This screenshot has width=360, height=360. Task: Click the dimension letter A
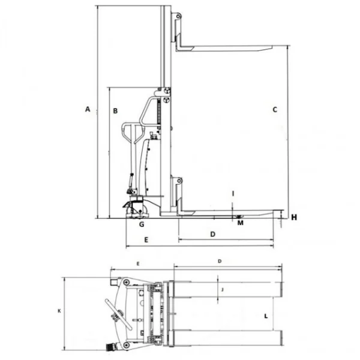[88, 109]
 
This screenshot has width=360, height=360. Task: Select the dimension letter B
[115, 111]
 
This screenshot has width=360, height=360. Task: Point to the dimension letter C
[275, 110]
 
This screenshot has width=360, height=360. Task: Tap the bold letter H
[294, 217]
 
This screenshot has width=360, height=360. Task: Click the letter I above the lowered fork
[233, 194]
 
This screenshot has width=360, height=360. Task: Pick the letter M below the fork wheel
[240, 223]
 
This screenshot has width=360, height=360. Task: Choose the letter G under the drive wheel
[142, 224]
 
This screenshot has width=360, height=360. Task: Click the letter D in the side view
[213, 234]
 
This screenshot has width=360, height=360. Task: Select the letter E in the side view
[146, 240]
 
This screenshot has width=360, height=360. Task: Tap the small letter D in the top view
[220, 261]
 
